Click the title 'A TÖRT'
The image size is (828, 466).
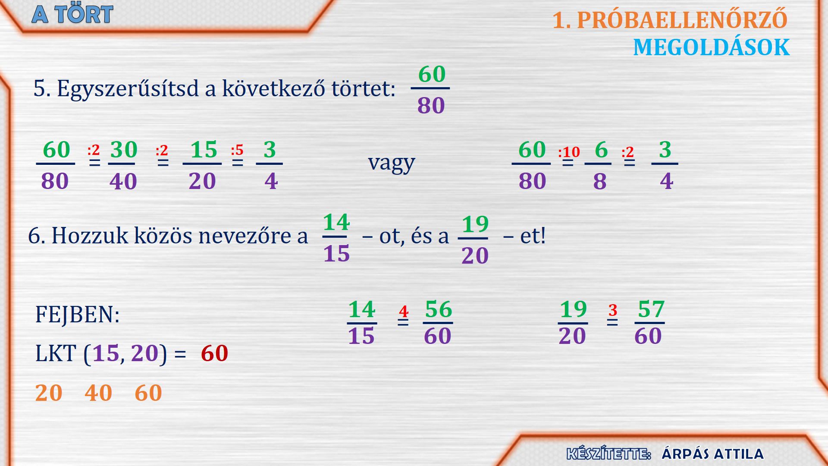click(x=72, y=14)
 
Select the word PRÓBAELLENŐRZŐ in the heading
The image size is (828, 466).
click(x=682, y=20)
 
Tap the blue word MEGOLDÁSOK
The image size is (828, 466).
click(x=711, y=47)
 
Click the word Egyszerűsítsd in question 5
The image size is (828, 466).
click(x=128, y=89)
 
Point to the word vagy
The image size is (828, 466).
click(x=391, y=163)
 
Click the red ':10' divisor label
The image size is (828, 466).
click(x=569, y=152)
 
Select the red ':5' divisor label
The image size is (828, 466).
click(x=237, y=150)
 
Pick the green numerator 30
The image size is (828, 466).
click(x=124, y=150)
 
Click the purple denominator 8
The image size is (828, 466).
click(x=600, y=181)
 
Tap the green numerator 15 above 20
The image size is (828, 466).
click(x=204, y=150)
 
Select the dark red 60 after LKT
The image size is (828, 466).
click(x=214, y=353)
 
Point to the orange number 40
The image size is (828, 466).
click(x=98, y=393)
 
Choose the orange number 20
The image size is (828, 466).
click(x=49, y=393)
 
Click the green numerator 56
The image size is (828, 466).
click(x=439, y=309)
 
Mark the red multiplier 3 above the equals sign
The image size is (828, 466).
click(x=613, y=310)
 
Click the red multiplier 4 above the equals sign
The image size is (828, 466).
click(x=404, y=311)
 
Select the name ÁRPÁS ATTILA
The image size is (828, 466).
click(x=712, y=454)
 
